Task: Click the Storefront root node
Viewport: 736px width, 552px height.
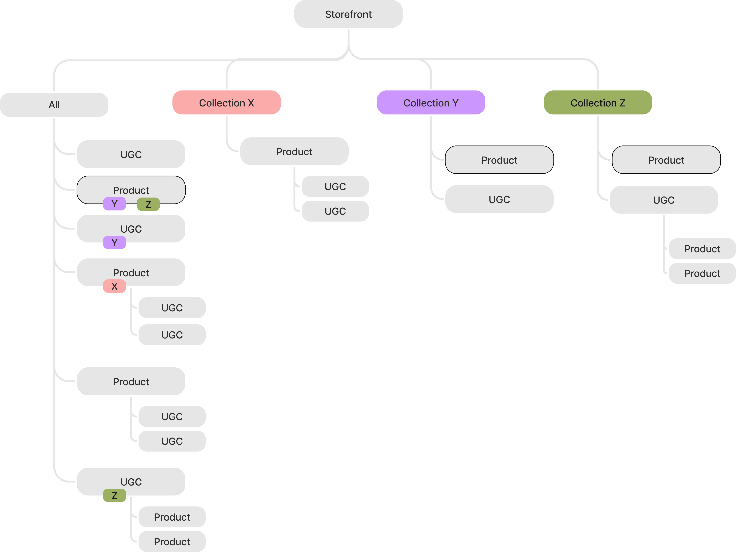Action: tap(348, 14)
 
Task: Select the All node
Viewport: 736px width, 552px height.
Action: tap(54, 105)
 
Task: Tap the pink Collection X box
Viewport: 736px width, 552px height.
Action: tap(226, 103)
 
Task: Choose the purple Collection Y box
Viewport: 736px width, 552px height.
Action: tap(431, 103)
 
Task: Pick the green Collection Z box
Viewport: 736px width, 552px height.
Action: tap(598, 103)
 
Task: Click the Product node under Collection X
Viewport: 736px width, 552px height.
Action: tap(294, 152)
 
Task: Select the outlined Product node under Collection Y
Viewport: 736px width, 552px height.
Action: tap(499, 160)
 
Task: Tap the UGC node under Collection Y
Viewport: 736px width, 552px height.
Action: tap(499, 199)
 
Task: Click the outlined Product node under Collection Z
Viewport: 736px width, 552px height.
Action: tap(666, 160)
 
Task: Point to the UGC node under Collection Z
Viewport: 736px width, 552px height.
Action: tap(664, 200)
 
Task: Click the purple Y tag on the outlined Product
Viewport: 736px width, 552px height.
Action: tap(115, 204)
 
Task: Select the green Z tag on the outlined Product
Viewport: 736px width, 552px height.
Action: tap(148, 204)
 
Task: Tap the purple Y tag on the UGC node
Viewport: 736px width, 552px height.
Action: tap(115, 242)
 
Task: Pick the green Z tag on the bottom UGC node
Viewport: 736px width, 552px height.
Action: tap(115, 495)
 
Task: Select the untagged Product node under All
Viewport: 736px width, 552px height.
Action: tap(131, 381)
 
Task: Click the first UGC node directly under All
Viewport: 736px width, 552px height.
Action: tap(131, 154)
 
